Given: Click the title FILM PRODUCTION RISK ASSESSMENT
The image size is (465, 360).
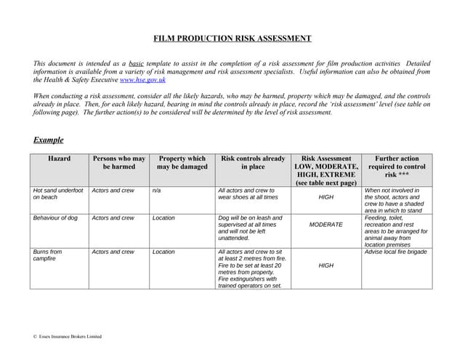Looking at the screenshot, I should pyautogui.click(x=232, y=39).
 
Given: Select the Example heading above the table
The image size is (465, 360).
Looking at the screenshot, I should pyautogui.click(x=48, y=140).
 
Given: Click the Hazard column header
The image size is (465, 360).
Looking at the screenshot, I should pyautogui.click(x=59, y=159).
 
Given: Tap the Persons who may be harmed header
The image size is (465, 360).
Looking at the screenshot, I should pyautogui.click(x=118, y=163).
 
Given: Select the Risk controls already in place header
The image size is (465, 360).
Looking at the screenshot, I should pyautogui.click(x=253, y=163).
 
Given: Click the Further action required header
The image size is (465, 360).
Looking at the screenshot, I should pyautogui.click(x=397, y=167).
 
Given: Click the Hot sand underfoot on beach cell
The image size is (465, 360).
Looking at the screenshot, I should pyautogui.click(x=58, y=194).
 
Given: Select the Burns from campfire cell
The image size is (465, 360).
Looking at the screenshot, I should pyautogui.click(x=47, y=256).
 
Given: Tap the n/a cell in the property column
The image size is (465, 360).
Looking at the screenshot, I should pyautogui.click(x=156, y=191).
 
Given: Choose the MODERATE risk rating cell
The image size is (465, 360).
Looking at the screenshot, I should pyautogui.click(x=325, y=225).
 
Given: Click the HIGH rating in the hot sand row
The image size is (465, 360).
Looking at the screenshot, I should pyautogui.click(x=325, y=197).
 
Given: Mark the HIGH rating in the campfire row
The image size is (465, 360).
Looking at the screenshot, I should pyautogui.click(x=325, y=265).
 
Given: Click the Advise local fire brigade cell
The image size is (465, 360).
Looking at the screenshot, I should pyautogui.click(x=396, y=252).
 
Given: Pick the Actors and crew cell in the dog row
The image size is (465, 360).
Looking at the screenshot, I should pyautogui.click(x=113, y=217).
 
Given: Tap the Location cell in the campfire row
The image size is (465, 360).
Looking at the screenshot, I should pyautogui.click(x=163, y=252).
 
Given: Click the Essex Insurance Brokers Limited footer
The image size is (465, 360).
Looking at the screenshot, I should pyautogui.click(x=68, y=337).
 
